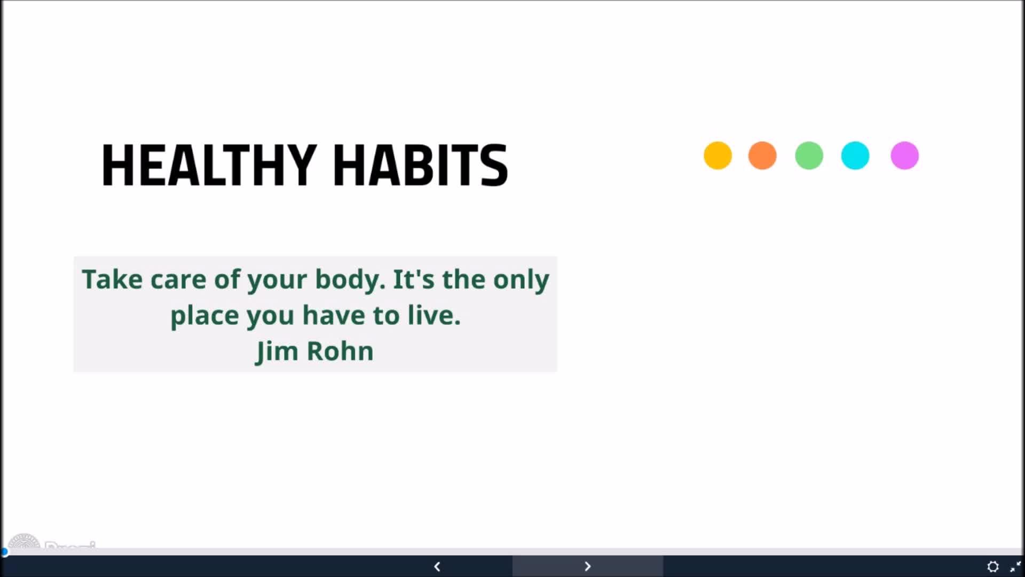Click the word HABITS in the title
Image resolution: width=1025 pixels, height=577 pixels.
[421, 165]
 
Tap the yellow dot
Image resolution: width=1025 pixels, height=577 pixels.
[717, 155]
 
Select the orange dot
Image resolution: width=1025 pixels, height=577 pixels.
[762, 155]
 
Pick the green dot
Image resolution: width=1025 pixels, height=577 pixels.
[809, 155]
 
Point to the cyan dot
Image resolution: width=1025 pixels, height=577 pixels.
[855, 155]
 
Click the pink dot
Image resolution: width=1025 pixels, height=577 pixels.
[904, 155]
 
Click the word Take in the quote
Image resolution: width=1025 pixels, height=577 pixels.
[112, 279]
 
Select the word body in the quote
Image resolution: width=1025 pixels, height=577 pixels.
[350, 279]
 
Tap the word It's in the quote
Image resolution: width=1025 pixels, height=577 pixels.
[414, 279]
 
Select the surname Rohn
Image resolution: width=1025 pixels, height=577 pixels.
[340, 351]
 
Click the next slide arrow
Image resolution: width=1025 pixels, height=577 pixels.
[588, 566]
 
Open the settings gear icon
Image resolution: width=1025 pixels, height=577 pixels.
[993, 566]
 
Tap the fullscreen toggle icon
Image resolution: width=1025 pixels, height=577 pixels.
[1015, 566]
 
